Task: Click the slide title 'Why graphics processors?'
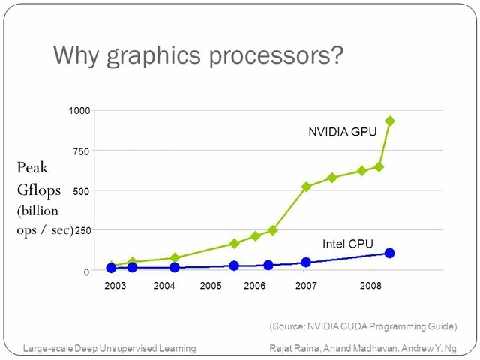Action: (x=198, y=55)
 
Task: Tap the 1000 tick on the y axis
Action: (x=80, y=111)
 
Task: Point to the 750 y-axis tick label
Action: (x=82, y=151)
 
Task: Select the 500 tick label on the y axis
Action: (x=82, y=191)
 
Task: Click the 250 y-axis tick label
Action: (x=82, y=231)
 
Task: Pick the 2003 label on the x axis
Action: (x=115, y=286)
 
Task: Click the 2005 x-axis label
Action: (x=211, y=286)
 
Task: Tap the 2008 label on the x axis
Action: (x=370, y=286)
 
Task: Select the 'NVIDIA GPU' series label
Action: (x=341, y=132)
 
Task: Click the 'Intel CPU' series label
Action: (x=347, y=244)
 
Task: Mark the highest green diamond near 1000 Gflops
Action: (x=389, y=121)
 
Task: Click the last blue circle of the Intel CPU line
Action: (x=389, y=253)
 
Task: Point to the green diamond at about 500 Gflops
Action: (x=306, y=187)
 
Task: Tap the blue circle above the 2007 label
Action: (x=306, y=262)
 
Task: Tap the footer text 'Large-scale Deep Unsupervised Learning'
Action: (x=109, y=348)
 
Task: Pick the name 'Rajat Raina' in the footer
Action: (x=294, y=348)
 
